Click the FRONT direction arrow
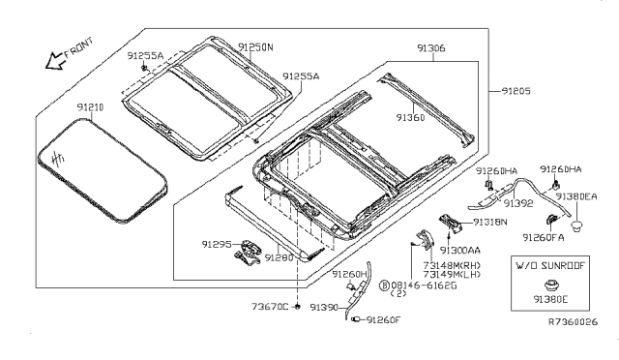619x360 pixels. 54,61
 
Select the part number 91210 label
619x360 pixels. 90,107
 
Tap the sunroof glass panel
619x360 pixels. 103,170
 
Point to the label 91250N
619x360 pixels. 255,47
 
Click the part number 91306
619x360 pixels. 431,48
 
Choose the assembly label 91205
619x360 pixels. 516,91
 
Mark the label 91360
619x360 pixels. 410,118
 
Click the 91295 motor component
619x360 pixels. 248,253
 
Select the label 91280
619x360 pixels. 280,257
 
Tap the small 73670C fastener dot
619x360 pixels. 298,307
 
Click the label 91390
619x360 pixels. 324,307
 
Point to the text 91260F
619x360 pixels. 383,319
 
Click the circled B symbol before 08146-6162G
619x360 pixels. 384,285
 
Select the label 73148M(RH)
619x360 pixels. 452,265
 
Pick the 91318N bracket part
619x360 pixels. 451,224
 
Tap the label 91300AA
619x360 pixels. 460,251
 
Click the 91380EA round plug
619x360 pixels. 576,226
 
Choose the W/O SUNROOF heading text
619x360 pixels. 550,265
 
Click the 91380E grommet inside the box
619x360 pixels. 550,285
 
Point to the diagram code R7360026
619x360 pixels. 574,322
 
